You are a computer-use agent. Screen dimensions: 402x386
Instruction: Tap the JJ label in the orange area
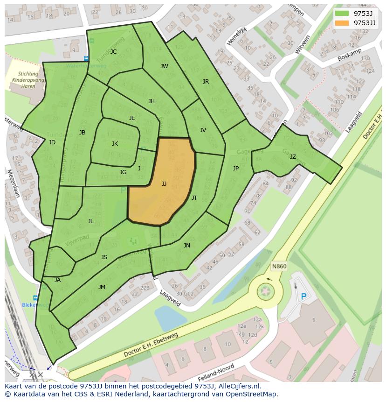tap(164, 184)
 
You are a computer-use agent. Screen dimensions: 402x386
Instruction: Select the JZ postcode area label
tap(293, 157)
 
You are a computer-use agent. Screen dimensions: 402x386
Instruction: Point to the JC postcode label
tap(113, 52)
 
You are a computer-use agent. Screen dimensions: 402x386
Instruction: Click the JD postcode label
tap(52, 142)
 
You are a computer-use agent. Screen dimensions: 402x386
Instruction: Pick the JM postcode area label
tap(102, 287)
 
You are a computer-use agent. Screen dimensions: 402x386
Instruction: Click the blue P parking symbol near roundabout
tap(304, 296)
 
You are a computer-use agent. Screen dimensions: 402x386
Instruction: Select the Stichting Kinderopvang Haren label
tap(28, 80)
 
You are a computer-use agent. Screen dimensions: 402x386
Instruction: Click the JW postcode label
tap(164, 66)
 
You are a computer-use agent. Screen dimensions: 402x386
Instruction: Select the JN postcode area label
tap(187, 246)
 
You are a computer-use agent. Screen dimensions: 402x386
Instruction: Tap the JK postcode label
tap(115, 144)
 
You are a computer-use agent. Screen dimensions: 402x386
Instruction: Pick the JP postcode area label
tap(236, 169)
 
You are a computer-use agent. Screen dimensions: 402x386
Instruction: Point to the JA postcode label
tap(57, 280)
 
